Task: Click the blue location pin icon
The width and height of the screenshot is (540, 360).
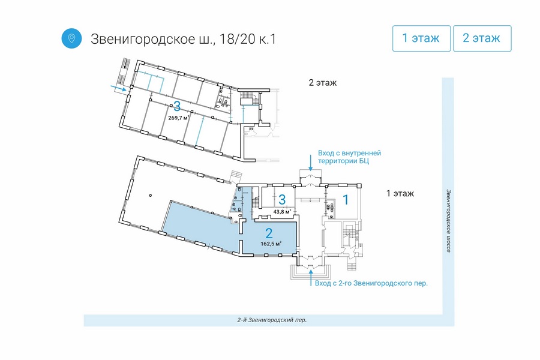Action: [x=71, y=38]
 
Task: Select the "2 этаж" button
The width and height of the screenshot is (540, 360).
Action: [x=482, y=38]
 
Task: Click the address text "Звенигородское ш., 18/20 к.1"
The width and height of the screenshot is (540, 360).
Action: [x=183, y=39]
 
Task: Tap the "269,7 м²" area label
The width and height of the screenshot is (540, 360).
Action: [x=179, y=118]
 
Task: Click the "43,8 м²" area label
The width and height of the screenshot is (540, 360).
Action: [x=282, y=212]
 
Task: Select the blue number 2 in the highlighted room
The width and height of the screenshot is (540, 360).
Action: [x=269, y=233]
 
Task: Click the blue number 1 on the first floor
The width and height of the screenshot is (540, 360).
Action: [x=346, y=199]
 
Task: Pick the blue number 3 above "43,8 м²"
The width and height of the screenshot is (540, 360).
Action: [x=282, y=199]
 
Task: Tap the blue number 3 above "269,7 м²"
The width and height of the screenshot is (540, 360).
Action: [x=177, y=106]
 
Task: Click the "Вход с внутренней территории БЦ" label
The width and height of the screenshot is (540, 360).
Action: [x=349, y=157]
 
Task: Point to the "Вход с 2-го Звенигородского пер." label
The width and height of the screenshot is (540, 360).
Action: [x=371, y=283]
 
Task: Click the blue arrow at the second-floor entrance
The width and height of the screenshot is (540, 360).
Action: [x=118, y=88]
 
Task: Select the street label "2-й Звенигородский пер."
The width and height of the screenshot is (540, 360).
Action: [x=272, y=320]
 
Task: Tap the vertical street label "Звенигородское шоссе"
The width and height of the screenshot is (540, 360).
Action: [x=448, y=220]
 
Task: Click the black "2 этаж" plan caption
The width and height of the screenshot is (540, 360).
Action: [x=323, y=83]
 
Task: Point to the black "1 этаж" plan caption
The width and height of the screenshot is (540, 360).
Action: [x=400, y=193]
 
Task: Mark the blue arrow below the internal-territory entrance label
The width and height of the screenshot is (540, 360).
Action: [x=311, y=163]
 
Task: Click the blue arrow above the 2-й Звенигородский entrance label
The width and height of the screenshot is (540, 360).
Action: [x=311, y=278]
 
